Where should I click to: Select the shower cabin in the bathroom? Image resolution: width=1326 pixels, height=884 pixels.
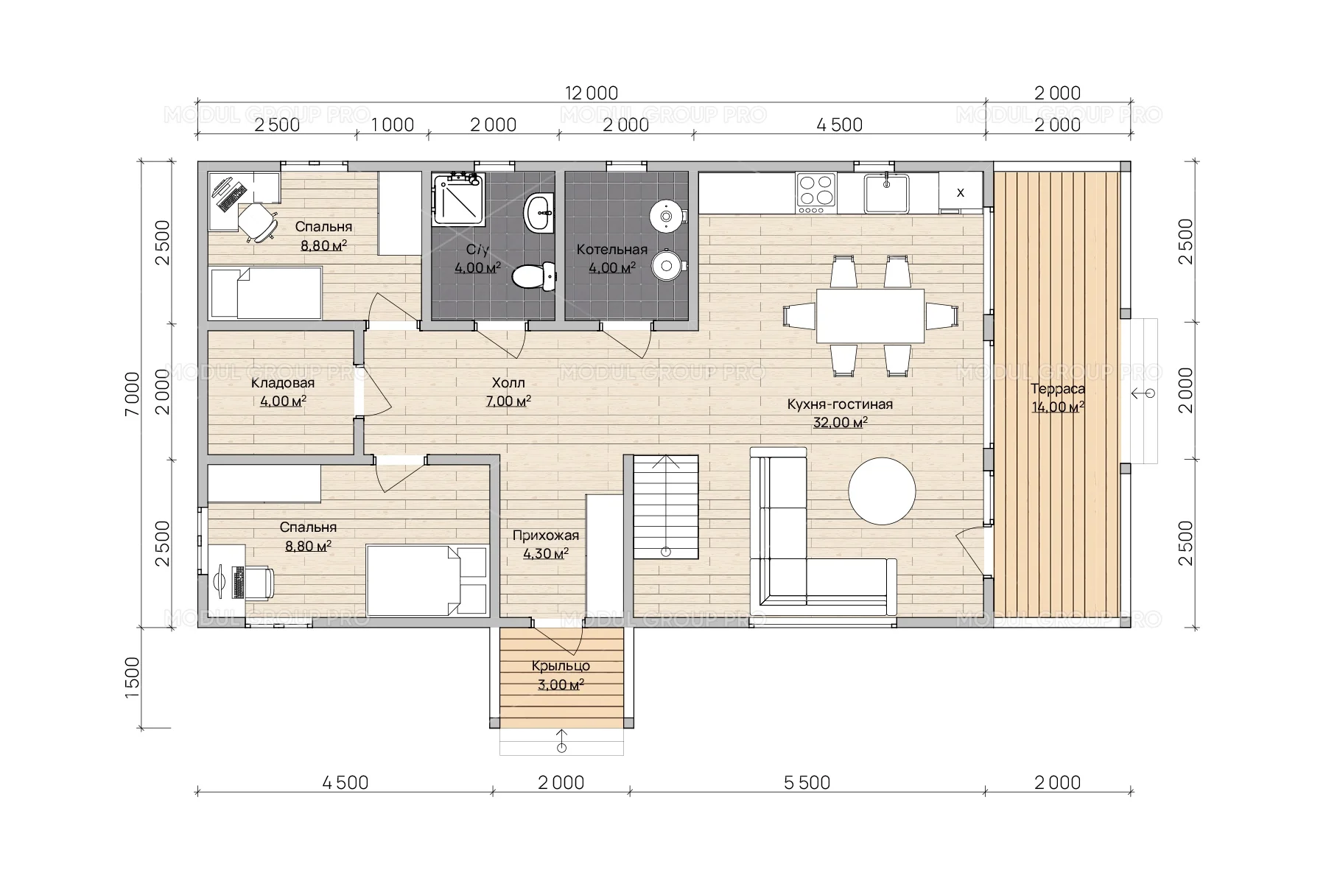458,198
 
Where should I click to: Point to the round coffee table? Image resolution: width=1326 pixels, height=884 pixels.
882,491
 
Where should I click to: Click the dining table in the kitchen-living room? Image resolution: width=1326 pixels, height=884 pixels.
870,315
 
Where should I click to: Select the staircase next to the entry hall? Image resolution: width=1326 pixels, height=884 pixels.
666,507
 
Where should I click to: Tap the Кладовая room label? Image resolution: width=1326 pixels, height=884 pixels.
283,383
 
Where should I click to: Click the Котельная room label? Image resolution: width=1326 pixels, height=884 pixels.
612,249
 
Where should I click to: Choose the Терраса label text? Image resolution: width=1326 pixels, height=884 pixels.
1058,389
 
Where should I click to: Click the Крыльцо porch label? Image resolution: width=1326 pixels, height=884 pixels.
561,666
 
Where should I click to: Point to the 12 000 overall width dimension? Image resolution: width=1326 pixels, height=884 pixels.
592,93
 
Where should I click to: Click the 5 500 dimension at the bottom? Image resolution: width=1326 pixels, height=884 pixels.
807,782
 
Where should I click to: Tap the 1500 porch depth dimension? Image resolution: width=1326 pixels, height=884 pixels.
132,678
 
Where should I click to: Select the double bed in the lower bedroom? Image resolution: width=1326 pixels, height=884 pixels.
427,580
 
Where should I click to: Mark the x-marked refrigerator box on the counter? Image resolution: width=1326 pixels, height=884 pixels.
960,192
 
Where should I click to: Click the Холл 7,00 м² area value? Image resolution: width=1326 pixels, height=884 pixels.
508,401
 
